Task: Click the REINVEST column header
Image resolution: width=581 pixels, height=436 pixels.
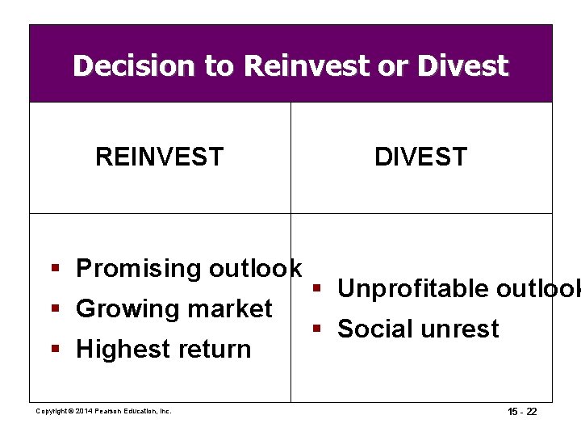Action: click(x=159, y=157)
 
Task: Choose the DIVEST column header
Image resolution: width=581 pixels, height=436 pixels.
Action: click(x=420, y=157)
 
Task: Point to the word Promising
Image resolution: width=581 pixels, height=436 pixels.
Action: click(x=138, y=269)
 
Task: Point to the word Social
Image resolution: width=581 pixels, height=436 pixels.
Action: click(x=375, y=329)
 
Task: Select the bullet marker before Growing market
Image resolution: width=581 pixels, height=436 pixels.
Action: click(x=54, y=308)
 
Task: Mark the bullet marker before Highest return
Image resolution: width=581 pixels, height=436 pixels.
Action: click(x=54, y=349)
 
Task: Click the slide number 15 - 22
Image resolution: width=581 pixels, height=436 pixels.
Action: click(x=522, y=412)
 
